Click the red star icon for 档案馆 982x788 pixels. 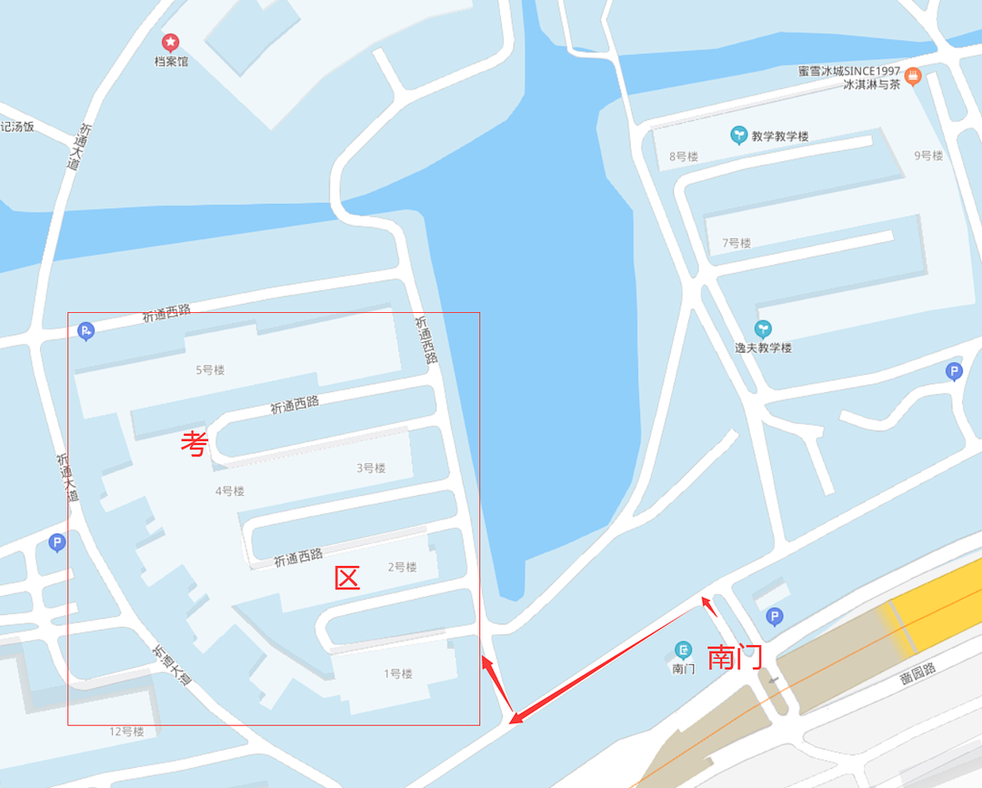tap(170, 42)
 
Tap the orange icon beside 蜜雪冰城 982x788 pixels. tap(914, 76)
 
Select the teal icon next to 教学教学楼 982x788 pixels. tap(738, 136)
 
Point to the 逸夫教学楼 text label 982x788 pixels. tap(763, 348)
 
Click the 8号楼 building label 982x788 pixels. tap(683, 157)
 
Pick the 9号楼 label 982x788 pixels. tap(928, 156)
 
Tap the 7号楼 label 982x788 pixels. tap(736, 243)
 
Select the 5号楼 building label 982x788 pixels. tap(210, 370)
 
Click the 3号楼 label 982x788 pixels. tap(371, 468)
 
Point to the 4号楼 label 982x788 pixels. tap(229, 491)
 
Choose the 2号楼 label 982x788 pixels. tap(402, 567)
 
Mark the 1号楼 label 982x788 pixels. tap(398, 674)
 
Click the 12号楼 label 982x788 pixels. tap(126, 732)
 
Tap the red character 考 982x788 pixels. tap(195, 444)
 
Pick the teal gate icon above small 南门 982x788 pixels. tap(683, 650)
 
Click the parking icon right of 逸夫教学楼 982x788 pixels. tap(954, 371)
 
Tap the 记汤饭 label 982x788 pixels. tap(17, 126)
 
